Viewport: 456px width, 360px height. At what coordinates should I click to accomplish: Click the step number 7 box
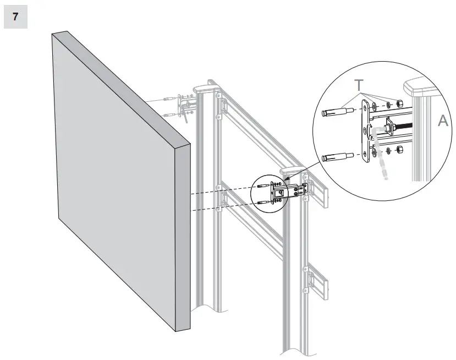tap(15, 17)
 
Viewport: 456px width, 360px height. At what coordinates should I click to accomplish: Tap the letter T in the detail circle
tap(359, 86)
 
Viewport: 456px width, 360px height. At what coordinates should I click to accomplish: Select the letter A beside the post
tap(443, 122)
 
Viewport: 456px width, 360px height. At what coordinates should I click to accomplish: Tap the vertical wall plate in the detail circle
tap(365, 133)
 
